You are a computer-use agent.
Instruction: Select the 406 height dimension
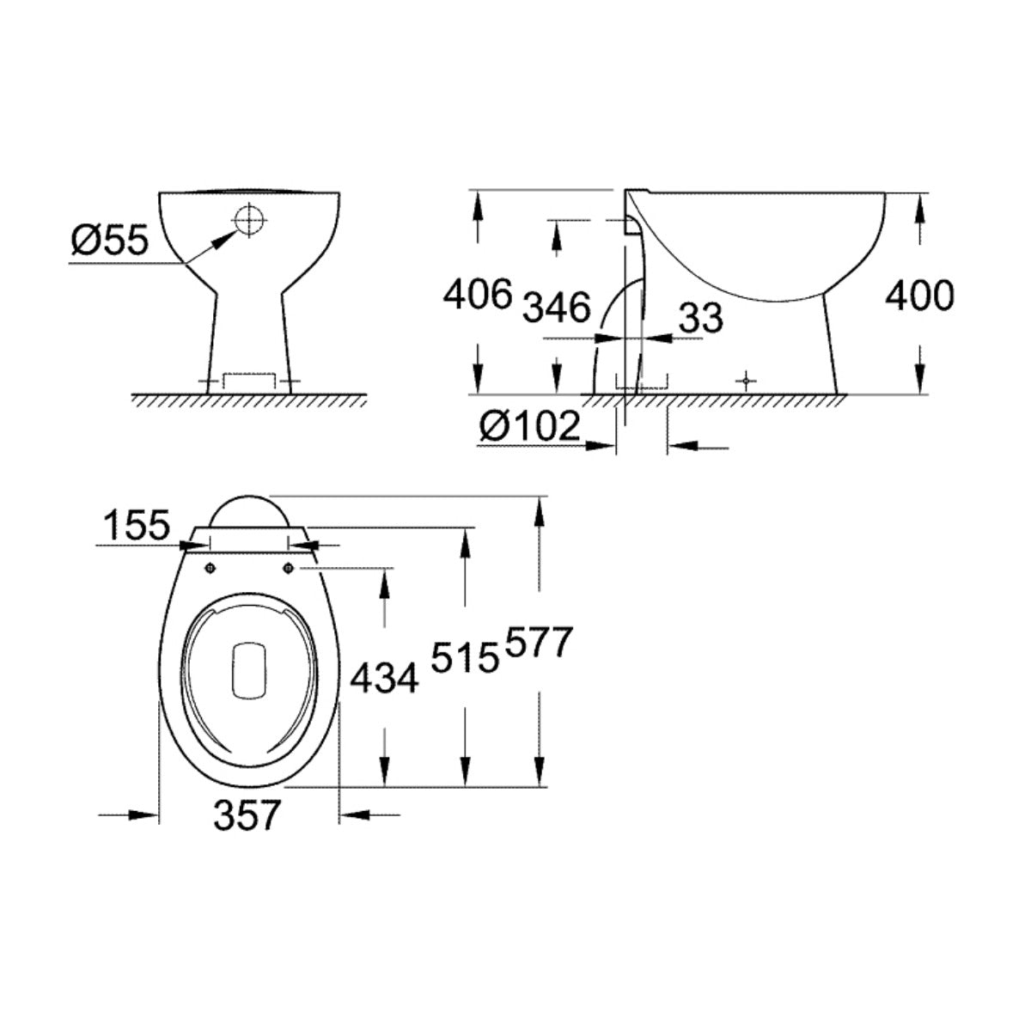[477, 295]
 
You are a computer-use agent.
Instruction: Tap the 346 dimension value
[558, 307]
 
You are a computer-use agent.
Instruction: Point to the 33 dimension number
[701, 318]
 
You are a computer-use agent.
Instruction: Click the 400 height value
[919, 296]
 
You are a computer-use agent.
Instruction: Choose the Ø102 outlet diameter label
[530, 425]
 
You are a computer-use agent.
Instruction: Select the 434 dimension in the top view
[384, 678]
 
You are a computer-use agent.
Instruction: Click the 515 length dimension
[465, 660]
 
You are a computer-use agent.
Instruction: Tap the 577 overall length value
[540, 643]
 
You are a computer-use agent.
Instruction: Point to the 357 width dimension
[247, 814]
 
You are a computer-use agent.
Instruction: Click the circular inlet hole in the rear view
[247, 220]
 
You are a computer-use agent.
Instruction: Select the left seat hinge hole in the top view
[209, 566]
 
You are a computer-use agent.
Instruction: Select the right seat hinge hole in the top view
[289, 566]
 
